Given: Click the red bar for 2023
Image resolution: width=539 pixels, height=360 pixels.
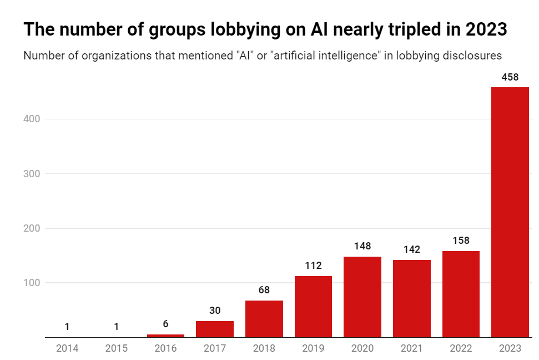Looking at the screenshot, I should click(510, 212).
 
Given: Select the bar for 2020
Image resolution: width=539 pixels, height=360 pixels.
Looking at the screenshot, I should click(362, 297).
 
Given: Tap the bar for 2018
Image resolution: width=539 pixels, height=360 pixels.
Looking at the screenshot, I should click(264, 319).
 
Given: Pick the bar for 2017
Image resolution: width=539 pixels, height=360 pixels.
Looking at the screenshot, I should click(215, 329).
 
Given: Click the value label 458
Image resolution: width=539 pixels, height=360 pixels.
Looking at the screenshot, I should click(510, 77).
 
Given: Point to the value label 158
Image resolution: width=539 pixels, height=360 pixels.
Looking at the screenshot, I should click(461, 241).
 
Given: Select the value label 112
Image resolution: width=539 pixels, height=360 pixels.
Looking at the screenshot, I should click(313, 266).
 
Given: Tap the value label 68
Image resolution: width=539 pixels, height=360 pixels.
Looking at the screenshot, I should click(264, 290).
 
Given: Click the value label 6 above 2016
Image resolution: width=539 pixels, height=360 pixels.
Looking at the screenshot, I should click(165, 324).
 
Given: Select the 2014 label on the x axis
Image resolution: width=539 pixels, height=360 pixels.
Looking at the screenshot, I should click(67, 348).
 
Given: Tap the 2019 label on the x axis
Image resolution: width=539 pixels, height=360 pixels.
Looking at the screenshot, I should click(313, 348).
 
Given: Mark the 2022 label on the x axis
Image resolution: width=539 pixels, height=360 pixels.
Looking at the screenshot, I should click(461, 348).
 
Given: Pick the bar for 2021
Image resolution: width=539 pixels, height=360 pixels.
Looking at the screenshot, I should click(412, 298).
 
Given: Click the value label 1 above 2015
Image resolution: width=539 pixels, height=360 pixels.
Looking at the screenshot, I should click(117, 327).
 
